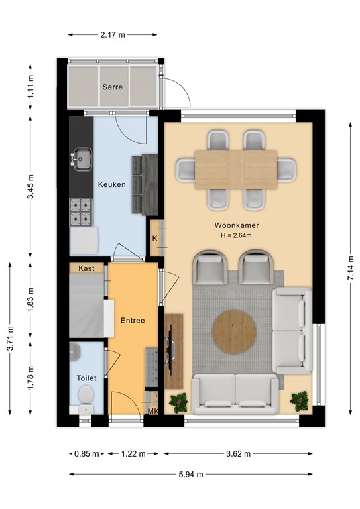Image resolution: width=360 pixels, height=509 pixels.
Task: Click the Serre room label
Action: click(112, 87)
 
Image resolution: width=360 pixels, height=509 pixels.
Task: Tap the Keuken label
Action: click(111, 184)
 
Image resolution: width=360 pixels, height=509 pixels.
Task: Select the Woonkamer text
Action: click(237, 225)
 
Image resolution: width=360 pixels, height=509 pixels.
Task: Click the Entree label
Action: click(133, 320)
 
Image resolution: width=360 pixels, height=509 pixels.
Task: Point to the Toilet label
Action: click(86, 378)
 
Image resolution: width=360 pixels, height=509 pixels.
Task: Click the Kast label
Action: click(86, 268)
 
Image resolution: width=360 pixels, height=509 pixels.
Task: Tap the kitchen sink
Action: click(81, 159)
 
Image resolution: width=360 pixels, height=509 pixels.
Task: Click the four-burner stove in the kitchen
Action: click(81, 212)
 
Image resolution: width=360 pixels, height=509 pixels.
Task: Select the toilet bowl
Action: click(86, 394)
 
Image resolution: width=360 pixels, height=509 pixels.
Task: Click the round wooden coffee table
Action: click(235, 331)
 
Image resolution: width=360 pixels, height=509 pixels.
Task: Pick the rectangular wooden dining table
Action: click(236, 169)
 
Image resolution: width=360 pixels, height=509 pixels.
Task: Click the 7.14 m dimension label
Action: click(350, 268)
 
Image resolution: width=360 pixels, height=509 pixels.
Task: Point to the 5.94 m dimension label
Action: click(191, 475)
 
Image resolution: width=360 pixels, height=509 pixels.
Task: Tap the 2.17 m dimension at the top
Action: click(113, 34)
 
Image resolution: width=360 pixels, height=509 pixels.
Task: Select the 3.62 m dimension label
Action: click(238, 454)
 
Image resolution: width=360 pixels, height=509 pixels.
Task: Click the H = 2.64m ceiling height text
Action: click(236, 235)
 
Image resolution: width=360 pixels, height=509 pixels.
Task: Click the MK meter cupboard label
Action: click(153, 411)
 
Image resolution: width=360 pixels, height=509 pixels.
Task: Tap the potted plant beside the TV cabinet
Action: click(178, 402)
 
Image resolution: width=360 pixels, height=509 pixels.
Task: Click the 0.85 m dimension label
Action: click(86, 454)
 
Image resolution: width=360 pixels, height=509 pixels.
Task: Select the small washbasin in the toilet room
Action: click(75, 351)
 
